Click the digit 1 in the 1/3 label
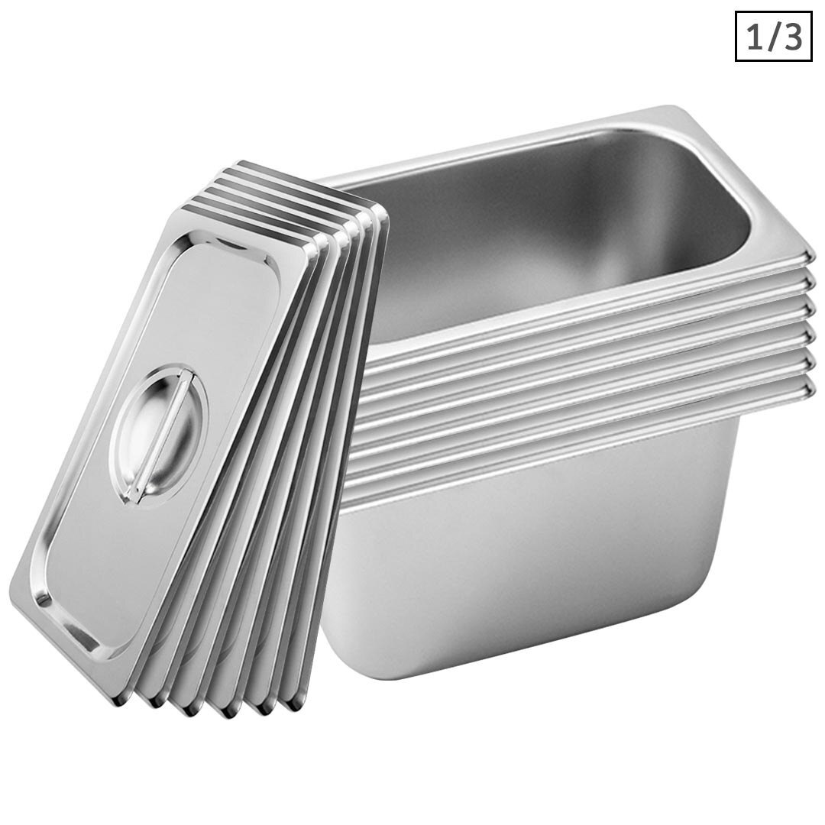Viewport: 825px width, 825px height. (755, 36)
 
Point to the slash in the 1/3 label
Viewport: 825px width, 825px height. (773, 36)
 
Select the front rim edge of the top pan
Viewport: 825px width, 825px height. (581, 309)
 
